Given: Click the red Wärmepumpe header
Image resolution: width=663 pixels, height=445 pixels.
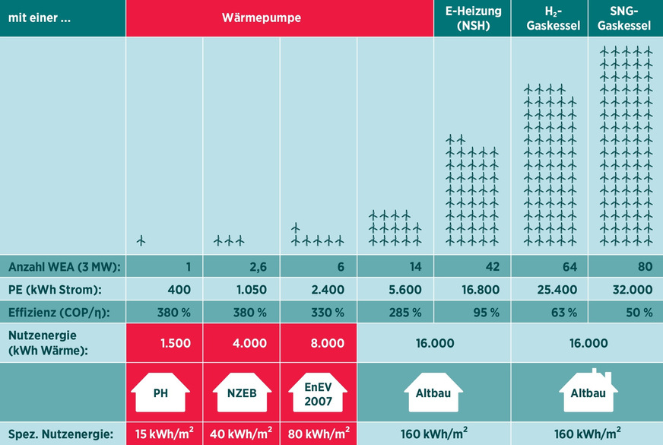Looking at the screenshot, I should (x=279, y=18).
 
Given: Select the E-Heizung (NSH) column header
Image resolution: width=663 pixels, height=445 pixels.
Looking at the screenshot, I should (x=472, y=18).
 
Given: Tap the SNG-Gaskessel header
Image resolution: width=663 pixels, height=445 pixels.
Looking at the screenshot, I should (x=625, y=18).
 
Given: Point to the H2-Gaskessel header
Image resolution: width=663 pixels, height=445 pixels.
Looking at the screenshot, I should (x=549, y=18).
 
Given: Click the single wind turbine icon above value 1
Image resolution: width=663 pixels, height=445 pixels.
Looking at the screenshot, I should (x=141, y=240).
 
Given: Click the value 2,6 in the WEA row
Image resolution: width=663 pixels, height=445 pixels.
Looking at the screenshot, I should (x=259, y=267).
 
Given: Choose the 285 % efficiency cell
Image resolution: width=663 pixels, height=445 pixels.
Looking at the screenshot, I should (x=405, y=313).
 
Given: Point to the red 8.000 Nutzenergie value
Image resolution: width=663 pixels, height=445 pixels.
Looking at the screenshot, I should (x=328, y=343).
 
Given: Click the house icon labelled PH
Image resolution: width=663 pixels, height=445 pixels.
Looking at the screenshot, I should (x=160, y=393).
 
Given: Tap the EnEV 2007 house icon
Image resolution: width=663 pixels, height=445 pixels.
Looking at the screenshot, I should (x=318, y=393).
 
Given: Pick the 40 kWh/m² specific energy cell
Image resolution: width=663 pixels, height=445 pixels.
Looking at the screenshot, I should (x=241, y=434).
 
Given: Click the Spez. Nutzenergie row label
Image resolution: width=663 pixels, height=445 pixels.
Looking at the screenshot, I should (x=60, y=434).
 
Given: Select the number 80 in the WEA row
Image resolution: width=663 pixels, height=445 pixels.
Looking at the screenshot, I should (x=643, y=267).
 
